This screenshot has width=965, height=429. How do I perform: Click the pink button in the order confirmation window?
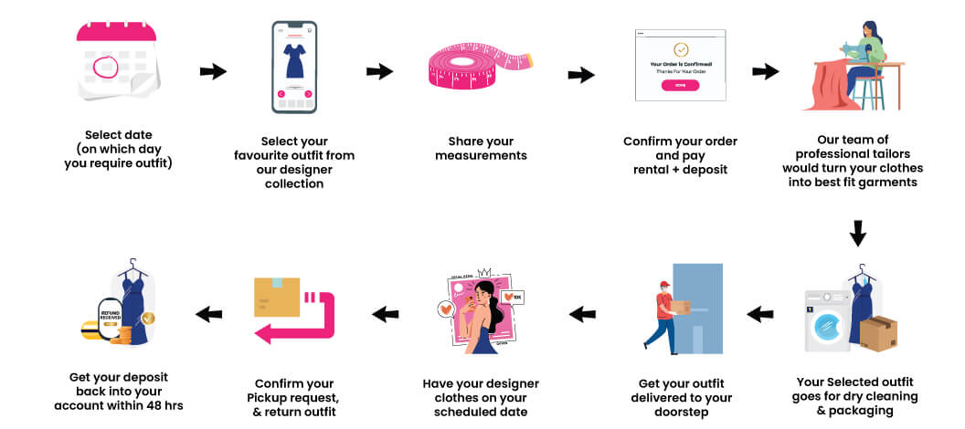(x=680, y=85)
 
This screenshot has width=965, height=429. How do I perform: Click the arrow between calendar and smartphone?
(x=213, y=72)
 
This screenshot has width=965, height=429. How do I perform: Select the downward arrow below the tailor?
(x=857, y=235)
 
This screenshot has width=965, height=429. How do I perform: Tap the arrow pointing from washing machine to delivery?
(x=760, y=314)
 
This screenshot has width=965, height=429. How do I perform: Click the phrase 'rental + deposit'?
(x=680, y=169)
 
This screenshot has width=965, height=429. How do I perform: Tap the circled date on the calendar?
(x=106, y=67)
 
